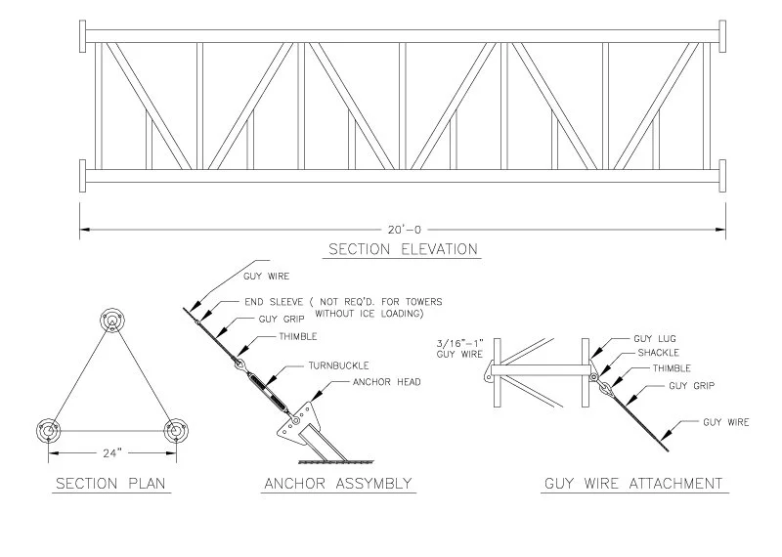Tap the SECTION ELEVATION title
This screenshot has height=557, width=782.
[403, 249]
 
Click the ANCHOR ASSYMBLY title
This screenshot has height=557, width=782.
[338, 484]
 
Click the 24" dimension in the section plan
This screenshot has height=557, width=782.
[111, 453]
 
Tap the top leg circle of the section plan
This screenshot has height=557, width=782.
[112, 321]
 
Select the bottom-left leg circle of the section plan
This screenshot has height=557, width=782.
[48, 430]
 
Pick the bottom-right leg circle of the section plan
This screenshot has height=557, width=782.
[176, 430]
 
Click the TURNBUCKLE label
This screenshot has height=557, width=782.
[338, 365]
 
